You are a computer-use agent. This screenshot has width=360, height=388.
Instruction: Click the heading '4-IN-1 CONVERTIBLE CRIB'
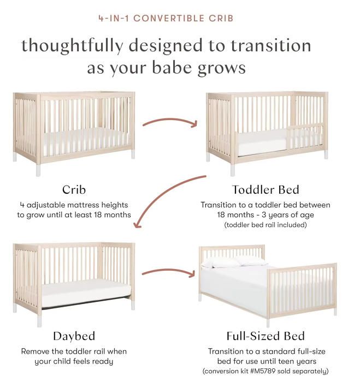pyautogui.click(x=166, y=18)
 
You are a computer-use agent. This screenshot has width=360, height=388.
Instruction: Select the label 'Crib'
pyautogui.click(x=74, y=190)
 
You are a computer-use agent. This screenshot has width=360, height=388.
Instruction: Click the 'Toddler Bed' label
pyautogui.click(x=265, y=190)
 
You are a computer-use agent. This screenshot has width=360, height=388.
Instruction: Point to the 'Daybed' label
pyautogui.click(x=74, y=336)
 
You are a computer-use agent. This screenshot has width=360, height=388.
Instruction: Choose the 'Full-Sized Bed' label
pyautogui.click(x=265, y=336)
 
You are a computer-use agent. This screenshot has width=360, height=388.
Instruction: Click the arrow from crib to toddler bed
pyautogui.click(x=169, y=122)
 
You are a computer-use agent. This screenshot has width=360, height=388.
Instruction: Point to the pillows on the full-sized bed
pyautogui.click(x=235, y=261)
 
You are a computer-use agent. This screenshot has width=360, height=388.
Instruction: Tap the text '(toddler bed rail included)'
pyautogui.click(x=265, y=225)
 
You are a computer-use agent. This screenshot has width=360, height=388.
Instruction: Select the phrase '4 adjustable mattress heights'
pyautogui.click(x=74, y=205)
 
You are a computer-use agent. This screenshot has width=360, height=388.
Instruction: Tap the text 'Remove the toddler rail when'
pyautogui.click(x=74, y=351)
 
